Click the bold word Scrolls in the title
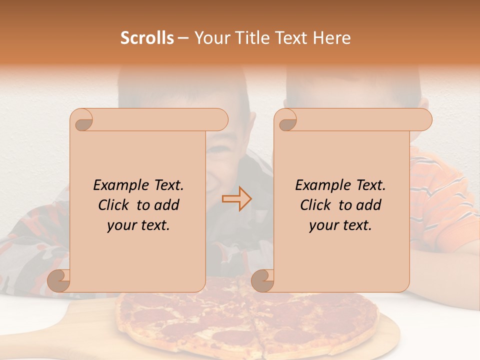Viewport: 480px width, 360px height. click(147, 38)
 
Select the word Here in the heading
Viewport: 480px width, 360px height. click(332, 38)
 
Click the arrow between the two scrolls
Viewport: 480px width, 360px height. click(236, 198)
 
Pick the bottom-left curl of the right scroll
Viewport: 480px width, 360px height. click(263, 280)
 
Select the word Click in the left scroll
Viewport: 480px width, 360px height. click(114, 205)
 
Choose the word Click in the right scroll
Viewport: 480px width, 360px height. click(316, 205)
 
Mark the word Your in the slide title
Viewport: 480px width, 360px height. click(210, 38)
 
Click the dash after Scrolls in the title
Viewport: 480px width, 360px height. click(183, 38)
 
